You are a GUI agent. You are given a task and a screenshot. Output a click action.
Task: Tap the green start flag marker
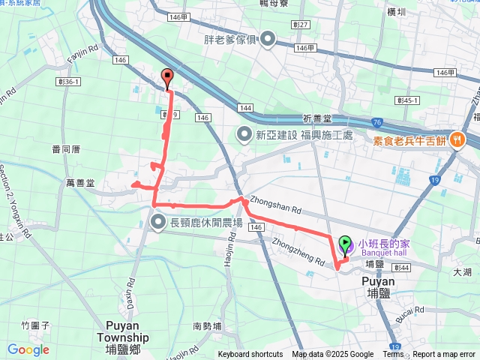pos(346,244)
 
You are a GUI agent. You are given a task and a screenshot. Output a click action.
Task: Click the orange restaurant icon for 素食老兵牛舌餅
pos(455,140)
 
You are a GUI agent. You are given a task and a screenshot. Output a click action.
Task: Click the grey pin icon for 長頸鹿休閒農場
pos(158,221)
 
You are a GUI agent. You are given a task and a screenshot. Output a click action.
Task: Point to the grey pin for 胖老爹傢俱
pos(268,39)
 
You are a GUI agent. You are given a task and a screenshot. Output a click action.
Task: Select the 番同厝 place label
pos(66,149)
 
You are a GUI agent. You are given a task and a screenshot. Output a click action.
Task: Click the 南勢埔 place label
pos(207,326)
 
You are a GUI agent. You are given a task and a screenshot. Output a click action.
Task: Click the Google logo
pos(28,349)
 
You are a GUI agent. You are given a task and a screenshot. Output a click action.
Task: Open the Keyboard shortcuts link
pos(250,355)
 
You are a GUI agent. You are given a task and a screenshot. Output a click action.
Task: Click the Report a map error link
pos(445,355)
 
